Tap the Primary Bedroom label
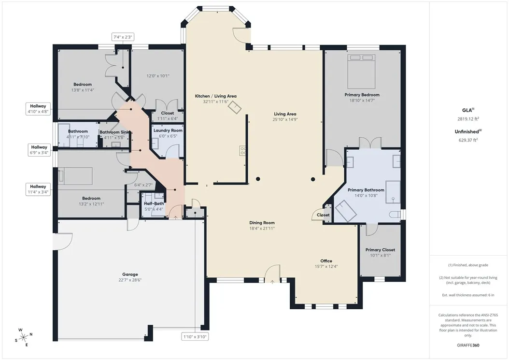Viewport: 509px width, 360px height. coord(362,95)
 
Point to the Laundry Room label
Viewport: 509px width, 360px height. coord(168,130)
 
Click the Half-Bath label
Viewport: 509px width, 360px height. coord(154,203)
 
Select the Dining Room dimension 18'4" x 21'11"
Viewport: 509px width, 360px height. coord(262,228)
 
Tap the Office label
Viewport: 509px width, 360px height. coord(326,261)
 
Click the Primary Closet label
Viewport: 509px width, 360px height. coord(380,250)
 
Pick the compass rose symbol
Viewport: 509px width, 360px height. coord(23,337)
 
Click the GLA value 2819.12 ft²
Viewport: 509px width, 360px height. coord(468,119)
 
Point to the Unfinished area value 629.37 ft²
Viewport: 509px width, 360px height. coord(468,140)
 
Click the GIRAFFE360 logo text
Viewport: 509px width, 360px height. coord(468,346)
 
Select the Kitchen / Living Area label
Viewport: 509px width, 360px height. coord(215,96)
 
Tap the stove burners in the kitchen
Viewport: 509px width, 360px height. coord(242,150)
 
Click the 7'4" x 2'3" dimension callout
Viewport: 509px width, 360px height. coord(123,37)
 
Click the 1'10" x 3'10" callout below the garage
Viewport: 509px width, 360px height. coord(195,337)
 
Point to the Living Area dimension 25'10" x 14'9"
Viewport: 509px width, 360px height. coord(285,119)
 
